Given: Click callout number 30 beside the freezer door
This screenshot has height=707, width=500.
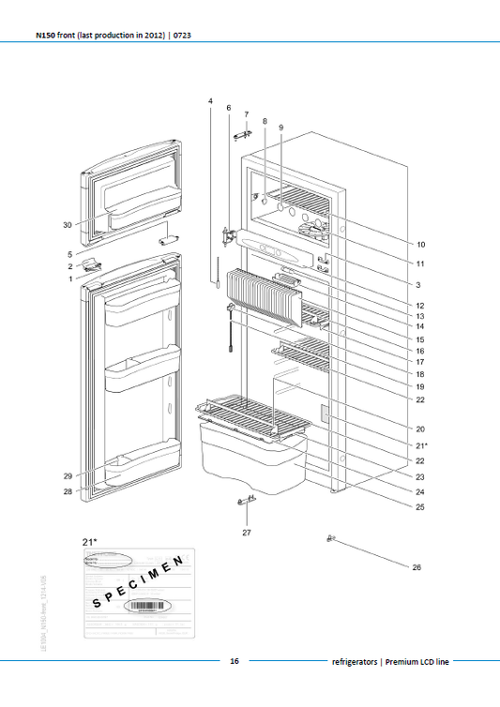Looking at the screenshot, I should coord(67,225).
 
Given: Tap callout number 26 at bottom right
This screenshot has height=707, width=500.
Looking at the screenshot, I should coord(417,567).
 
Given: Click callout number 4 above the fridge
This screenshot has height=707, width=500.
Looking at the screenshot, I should coord(210,100).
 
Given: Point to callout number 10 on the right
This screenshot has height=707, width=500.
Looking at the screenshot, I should coord(421,244).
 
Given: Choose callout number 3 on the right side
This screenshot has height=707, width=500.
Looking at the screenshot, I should coord(418,284).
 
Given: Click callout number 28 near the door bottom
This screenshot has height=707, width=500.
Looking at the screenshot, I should coord(68,490).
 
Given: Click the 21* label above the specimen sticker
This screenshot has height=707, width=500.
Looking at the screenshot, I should coord(91,542).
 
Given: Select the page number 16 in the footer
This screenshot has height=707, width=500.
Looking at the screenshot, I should coord(235,661).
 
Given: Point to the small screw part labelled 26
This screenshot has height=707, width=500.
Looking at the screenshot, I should coord(331,538).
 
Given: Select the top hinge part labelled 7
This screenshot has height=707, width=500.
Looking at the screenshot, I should coord(245,133).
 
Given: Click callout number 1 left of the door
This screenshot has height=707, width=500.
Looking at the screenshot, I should coord(68,278).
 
